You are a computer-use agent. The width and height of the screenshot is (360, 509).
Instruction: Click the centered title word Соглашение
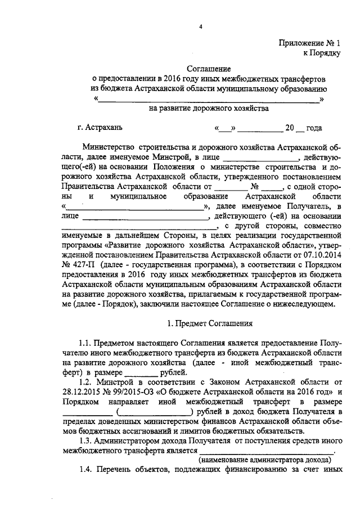[209, 68]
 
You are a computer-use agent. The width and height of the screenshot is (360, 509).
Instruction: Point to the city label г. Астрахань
[99, 128]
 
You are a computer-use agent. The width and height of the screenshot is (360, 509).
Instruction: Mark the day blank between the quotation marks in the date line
[226, 129]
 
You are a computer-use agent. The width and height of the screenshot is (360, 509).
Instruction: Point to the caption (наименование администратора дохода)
[267, 460]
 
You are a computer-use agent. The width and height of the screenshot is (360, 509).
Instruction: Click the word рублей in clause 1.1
[169, 372]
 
